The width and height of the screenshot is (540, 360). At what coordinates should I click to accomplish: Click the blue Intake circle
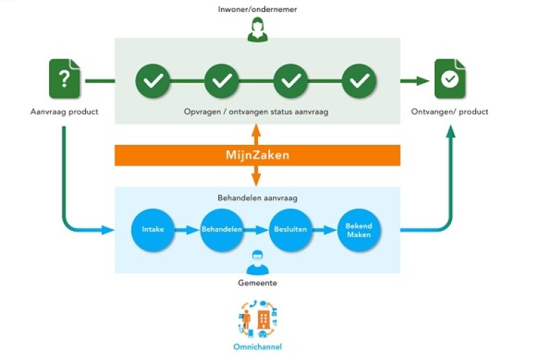153,230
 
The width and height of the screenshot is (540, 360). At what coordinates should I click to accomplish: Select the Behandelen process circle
222,230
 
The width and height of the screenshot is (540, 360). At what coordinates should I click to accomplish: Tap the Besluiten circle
290,230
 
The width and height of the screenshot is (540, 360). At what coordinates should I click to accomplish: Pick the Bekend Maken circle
359,230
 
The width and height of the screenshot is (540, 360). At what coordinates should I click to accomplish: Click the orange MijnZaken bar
257,156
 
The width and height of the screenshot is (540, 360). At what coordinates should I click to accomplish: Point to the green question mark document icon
65,79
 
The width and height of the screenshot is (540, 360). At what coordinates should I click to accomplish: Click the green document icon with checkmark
449,80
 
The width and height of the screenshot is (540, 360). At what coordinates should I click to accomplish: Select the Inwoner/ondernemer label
256,9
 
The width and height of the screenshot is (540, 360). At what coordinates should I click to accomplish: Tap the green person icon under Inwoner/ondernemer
256,30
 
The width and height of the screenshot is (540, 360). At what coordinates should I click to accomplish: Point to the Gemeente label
257,283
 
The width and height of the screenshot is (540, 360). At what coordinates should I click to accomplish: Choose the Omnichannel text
257,347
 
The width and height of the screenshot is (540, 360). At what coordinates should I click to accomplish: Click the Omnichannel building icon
263,320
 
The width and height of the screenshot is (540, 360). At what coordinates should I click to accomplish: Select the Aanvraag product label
64,112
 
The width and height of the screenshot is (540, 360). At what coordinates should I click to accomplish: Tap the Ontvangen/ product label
450,112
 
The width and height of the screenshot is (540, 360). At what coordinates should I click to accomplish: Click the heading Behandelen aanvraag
257,197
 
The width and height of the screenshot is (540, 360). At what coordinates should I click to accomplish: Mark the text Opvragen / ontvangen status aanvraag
257,111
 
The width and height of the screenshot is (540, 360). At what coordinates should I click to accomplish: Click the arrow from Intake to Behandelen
187,230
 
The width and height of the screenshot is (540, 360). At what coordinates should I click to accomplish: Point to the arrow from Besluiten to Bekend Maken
325,230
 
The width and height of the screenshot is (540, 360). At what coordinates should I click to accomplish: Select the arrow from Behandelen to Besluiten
256,230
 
